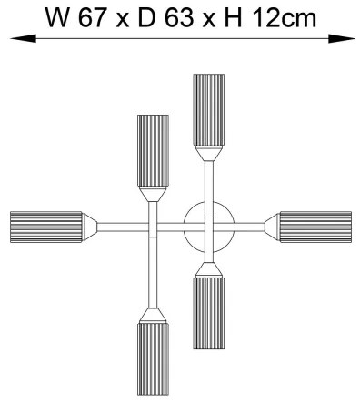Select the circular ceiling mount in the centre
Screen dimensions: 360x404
click(x=209, y=225)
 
